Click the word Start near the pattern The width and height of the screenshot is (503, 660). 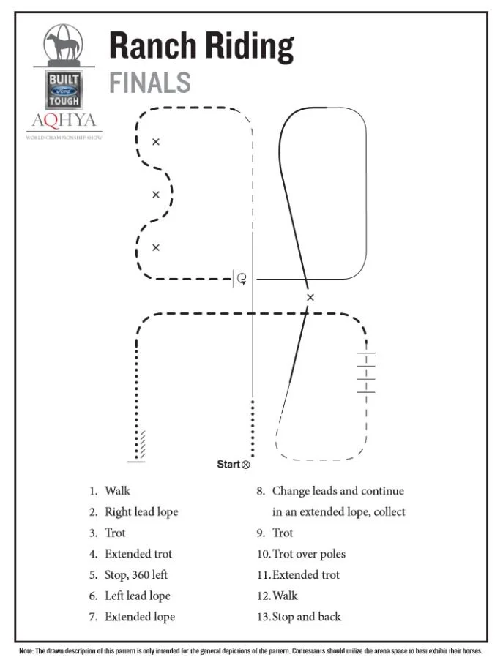click(x=228, y=464)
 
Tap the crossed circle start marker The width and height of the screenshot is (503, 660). click(x=245, y=465)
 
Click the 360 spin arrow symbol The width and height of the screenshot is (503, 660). click(x=242, y=279)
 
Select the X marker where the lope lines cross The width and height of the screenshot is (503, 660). click(x=310, y=297)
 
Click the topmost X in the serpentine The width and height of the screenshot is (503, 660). click(x=156, y=142)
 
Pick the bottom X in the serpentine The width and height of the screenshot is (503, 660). click(x=156, y=247)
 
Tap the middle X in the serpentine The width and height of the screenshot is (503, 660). click(x=156, y=195)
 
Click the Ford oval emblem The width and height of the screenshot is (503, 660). click(x=64, y=91)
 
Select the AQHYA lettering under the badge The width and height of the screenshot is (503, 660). click(x=64, y=121)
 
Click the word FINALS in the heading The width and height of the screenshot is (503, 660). click(x=150, y=82)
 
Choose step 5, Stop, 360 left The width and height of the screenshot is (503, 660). click(x=128, y=574)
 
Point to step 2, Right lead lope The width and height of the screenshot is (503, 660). click(x=133, y=512)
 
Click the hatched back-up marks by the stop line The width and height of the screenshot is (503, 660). click(x=143, y=444)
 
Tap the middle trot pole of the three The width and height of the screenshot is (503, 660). click(x=366, y=372)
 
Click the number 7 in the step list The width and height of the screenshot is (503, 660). click(x=92, y=617)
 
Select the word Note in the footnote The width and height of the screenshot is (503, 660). click(x=26, y=650)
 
